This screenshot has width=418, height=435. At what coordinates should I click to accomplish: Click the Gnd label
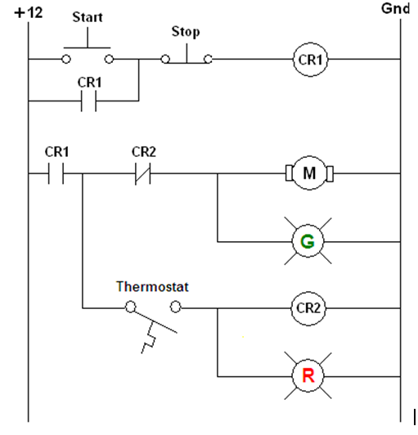pyautogui.click(x=396, y=10)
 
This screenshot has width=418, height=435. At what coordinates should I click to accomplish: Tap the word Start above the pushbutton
pyautogui.click(x=88, y=16)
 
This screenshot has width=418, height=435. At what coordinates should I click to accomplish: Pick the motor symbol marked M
pyautogui.click(x=309, y=173)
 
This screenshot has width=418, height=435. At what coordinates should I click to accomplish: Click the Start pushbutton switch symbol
pyautogui.click(x=88, y=53)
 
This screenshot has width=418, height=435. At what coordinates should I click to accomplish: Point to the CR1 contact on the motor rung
pyautogui.click(x=55, y=173)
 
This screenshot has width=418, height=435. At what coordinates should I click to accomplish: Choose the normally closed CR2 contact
pyautogui.click(x=143, y=173)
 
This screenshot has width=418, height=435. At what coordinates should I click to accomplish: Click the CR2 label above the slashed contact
pyautogui.click(x=144, y=151)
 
